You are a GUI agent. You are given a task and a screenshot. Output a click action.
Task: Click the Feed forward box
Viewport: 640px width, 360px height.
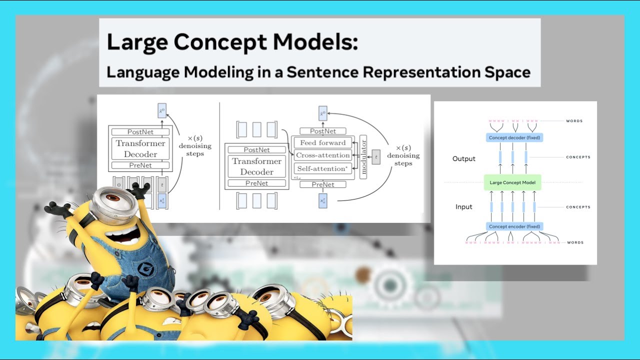coord(322,143)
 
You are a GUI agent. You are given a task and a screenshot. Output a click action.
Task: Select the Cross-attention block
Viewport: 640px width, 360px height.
coord(322,155)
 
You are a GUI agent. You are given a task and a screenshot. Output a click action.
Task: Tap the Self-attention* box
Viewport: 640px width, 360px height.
coord(322,169)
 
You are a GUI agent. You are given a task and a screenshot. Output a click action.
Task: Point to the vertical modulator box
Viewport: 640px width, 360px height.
coord(363,156)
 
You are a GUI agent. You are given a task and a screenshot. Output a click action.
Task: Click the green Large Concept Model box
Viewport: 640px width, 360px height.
coord(513,182)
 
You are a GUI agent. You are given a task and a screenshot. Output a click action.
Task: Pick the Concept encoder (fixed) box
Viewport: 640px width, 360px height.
coord(514,226)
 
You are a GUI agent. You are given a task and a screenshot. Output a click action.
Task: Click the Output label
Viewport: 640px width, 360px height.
coord(463,158)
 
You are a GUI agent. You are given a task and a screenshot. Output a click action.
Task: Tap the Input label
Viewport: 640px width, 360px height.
coord(463,207)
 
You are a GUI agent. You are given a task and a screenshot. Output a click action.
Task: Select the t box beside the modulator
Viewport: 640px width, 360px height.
coord(376,156)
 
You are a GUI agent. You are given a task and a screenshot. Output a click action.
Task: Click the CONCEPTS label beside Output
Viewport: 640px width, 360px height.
coord(578,157)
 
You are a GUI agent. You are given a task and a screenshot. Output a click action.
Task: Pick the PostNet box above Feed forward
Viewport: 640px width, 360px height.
coord(323,131)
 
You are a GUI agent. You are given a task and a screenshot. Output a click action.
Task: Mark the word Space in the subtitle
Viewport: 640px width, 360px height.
coord(505,72)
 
